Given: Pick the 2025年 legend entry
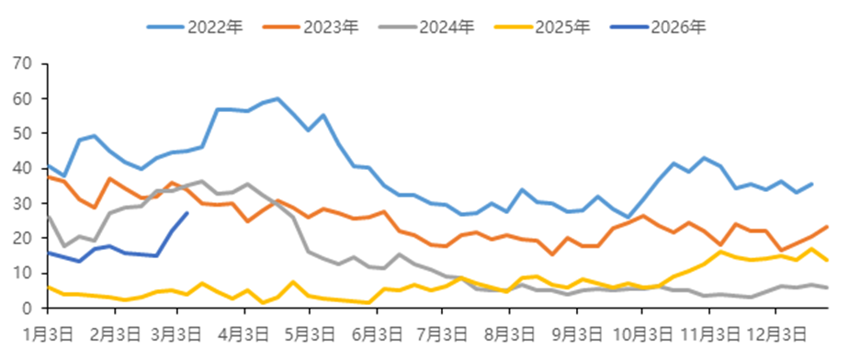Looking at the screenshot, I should [x=561, y=27].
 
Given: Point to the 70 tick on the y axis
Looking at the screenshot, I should [x=22, y=63].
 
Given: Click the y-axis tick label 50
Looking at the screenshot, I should [x=22, y=133].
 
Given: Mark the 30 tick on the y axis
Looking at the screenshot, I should [x=22, y=203].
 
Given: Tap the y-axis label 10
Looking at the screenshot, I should [x=22, y=273].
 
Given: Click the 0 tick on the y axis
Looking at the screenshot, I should [x=27, y=308].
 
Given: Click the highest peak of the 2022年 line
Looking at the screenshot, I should [x=277, y=99].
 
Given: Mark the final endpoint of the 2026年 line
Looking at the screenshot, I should [x=187, y=214].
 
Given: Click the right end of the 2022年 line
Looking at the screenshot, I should [x=811, y=184].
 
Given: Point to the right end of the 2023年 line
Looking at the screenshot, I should [x=827, y=227].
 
